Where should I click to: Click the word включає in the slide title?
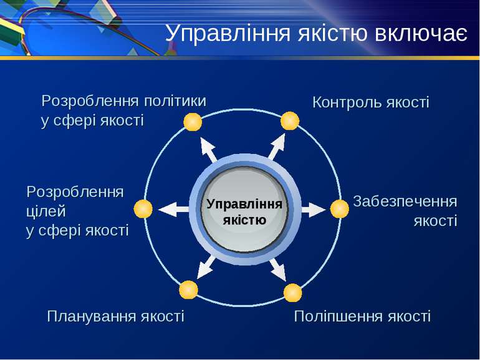tap(421, 33)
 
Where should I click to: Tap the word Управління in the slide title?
tap(228, 33)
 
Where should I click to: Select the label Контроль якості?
tap(371, 102)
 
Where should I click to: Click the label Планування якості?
tap(116, 317)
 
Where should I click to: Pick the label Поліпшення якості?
tap(362, 316)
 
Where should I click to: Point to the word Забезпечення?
tap(405, 202)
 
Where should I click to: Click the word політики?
tap(175, 101)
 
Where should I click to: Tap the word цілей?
tap(46, 212)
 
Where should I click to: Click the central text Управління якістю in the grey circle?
tap(244, 212)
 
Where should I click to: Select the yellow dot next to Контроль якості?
tap(290, 121)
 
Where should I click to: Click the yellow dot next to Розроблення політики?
tap(193, 122)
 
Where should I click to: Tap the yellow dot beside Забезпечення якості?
tap(340, 209)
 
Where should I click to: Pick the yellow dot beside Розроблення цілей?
tap(143, 209)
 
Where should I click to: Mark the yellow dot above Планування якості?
tap(188, 290)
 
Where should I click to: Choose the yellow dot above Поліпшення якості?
tap(292, 293)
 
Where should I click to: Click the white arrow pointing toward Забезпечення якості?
tap(314, 210)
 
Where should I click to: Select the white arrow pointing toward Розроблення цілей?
tap(173, 210)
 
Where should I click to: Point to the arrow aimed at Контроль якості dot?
tap(277, 147)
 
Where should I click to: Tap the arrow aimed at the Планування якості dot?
tap(206, 267)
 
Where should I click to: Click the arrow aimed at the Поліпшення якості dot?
tap(277, 270)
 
